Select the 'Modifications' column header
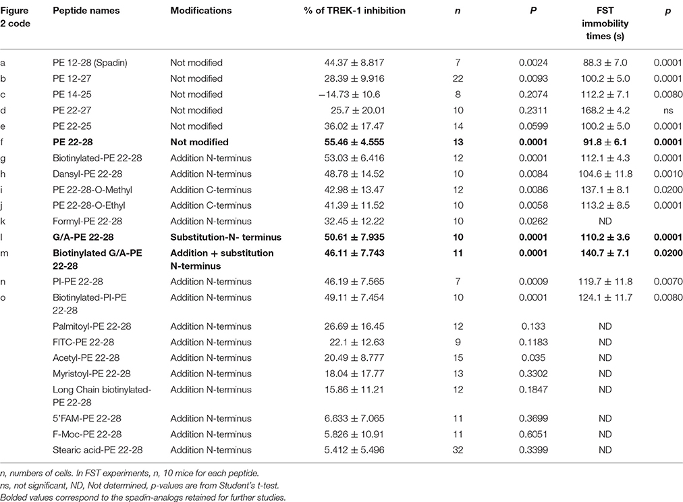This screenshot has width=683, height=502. (x=200, y=11)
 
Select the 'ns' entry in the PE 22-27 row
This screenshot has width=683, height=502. (x=665, y=110)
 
